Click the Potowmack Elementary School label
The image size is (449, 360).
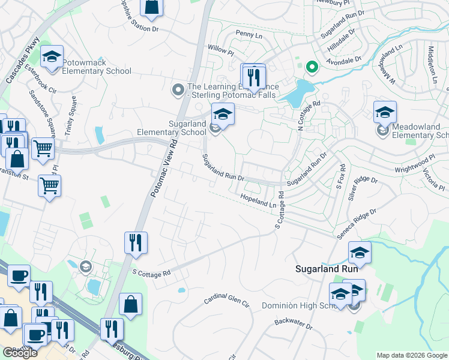click(x=97, y=67)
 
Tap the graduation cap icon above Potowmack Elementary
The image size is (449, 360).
click(x=52, y=58)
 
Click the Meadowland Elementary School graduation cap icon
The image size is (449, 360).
click(x=384, y=112)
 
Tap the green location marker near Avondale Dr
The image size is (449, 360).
click(x=311, y=67)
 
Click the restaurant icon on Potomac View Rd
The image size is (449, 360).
click(x=135, y=242)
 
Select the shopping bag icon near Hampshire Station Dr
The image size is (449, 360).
click(x=152, y=7)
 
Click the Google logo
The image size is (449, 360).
click(x=20, y=353)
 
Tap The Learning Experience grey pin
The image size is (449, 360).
click(x=178, y=91)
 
